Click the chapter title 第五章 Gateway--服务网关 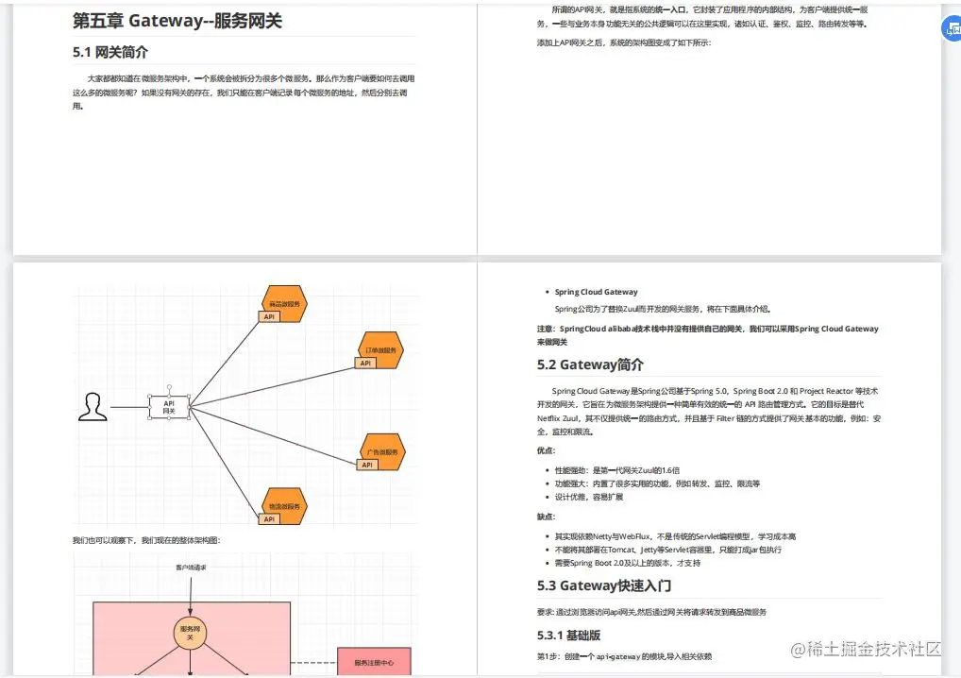coord(177,21)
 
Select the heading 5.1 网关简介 coord(110,53)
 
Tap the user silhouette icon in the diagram coord(92,407)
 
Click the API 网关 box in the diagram coord(169,407)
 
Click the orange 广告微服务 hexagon coord(382,450)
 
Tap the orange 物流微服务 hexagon coord(284,505)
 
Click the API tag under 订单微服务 coord(365,364)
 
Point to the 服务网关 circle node coord(189,633)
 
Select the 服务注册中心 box coord(374,663)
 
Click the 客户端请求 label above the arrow coord(191,568)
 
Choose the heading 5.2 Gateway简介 coord(590,364)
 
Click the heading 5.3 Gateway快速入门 coord(604,585)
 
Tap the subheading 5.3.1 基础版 coord(568,635)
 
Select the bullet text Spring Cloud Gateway coord(596,292)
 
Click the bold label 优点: coord(547,450)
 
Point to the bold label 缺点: coord(547,517)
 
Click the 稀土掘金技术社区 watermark coord(867,650)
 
